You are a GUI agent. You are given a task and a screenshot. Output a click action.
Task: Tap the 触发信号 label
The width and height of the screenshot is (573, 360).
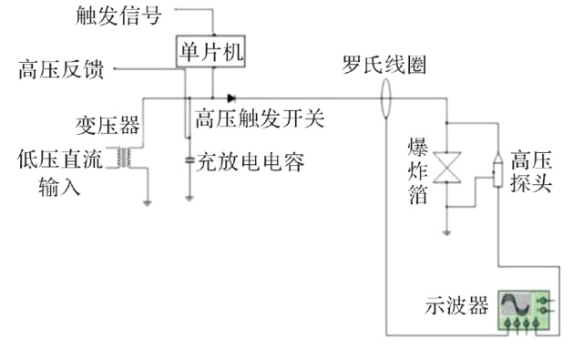[118, 16]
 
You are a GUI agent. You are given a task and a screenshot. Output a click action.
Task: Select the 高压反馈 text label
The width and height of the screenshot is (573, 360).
[61, 69]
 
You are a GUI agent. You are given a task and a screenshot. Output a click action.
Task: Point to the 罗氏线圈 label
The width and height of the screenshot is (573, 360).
[384, 65]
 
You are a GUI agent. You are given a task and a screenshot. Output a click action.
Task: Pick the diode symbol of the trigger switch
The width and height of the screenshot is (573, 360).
[231, 98]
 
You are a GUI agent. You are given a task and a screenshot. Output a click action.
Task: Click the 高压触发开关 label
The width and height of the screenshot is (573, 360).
[260, 118]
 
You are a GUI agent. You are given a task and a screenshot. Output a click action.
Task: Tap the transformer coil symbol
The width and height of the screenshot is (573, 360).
[124, 158]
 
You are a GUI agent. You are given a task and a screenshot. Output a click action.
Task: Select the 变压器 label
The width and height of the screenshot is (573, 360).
[107, 126]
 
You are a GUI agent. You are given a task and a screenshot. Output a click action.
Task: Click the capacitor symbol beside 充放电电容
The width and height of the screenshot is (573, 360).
[189, 160]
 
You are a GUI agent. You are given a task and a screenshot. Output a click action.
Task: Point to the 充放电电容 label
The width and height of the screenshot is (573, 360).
[251, 162]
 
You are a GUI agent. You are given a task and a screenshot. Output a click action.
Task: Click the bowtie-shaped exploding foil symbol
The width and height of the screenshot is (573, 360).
[446, 168]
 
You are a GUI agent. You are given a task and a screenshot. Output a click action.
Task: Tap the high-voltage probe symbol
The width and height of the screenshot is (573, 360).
[497, 170]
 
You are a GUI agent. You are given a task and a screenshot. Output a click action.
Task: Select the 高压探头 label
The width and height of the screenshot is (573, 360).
[531, 171]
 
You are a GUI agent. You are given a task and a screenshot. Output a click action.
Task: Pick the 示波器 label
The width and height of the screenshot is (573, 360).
[456, 305]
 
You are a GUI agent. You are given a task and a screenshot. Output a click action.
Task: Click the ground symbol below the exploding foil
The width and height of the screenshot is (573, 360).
[446, 232]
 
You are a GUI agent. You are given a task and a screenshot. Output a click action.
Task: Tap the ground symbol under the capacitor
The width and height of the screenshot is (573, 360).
[189, 199]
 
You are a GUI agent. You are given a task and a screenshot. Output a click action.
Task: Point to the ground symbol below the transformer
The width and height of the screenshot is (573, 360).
[148, 203]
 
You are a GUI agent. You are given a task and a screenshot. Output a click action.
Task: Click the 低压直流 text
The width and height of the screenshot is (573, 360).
[60, 159]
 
